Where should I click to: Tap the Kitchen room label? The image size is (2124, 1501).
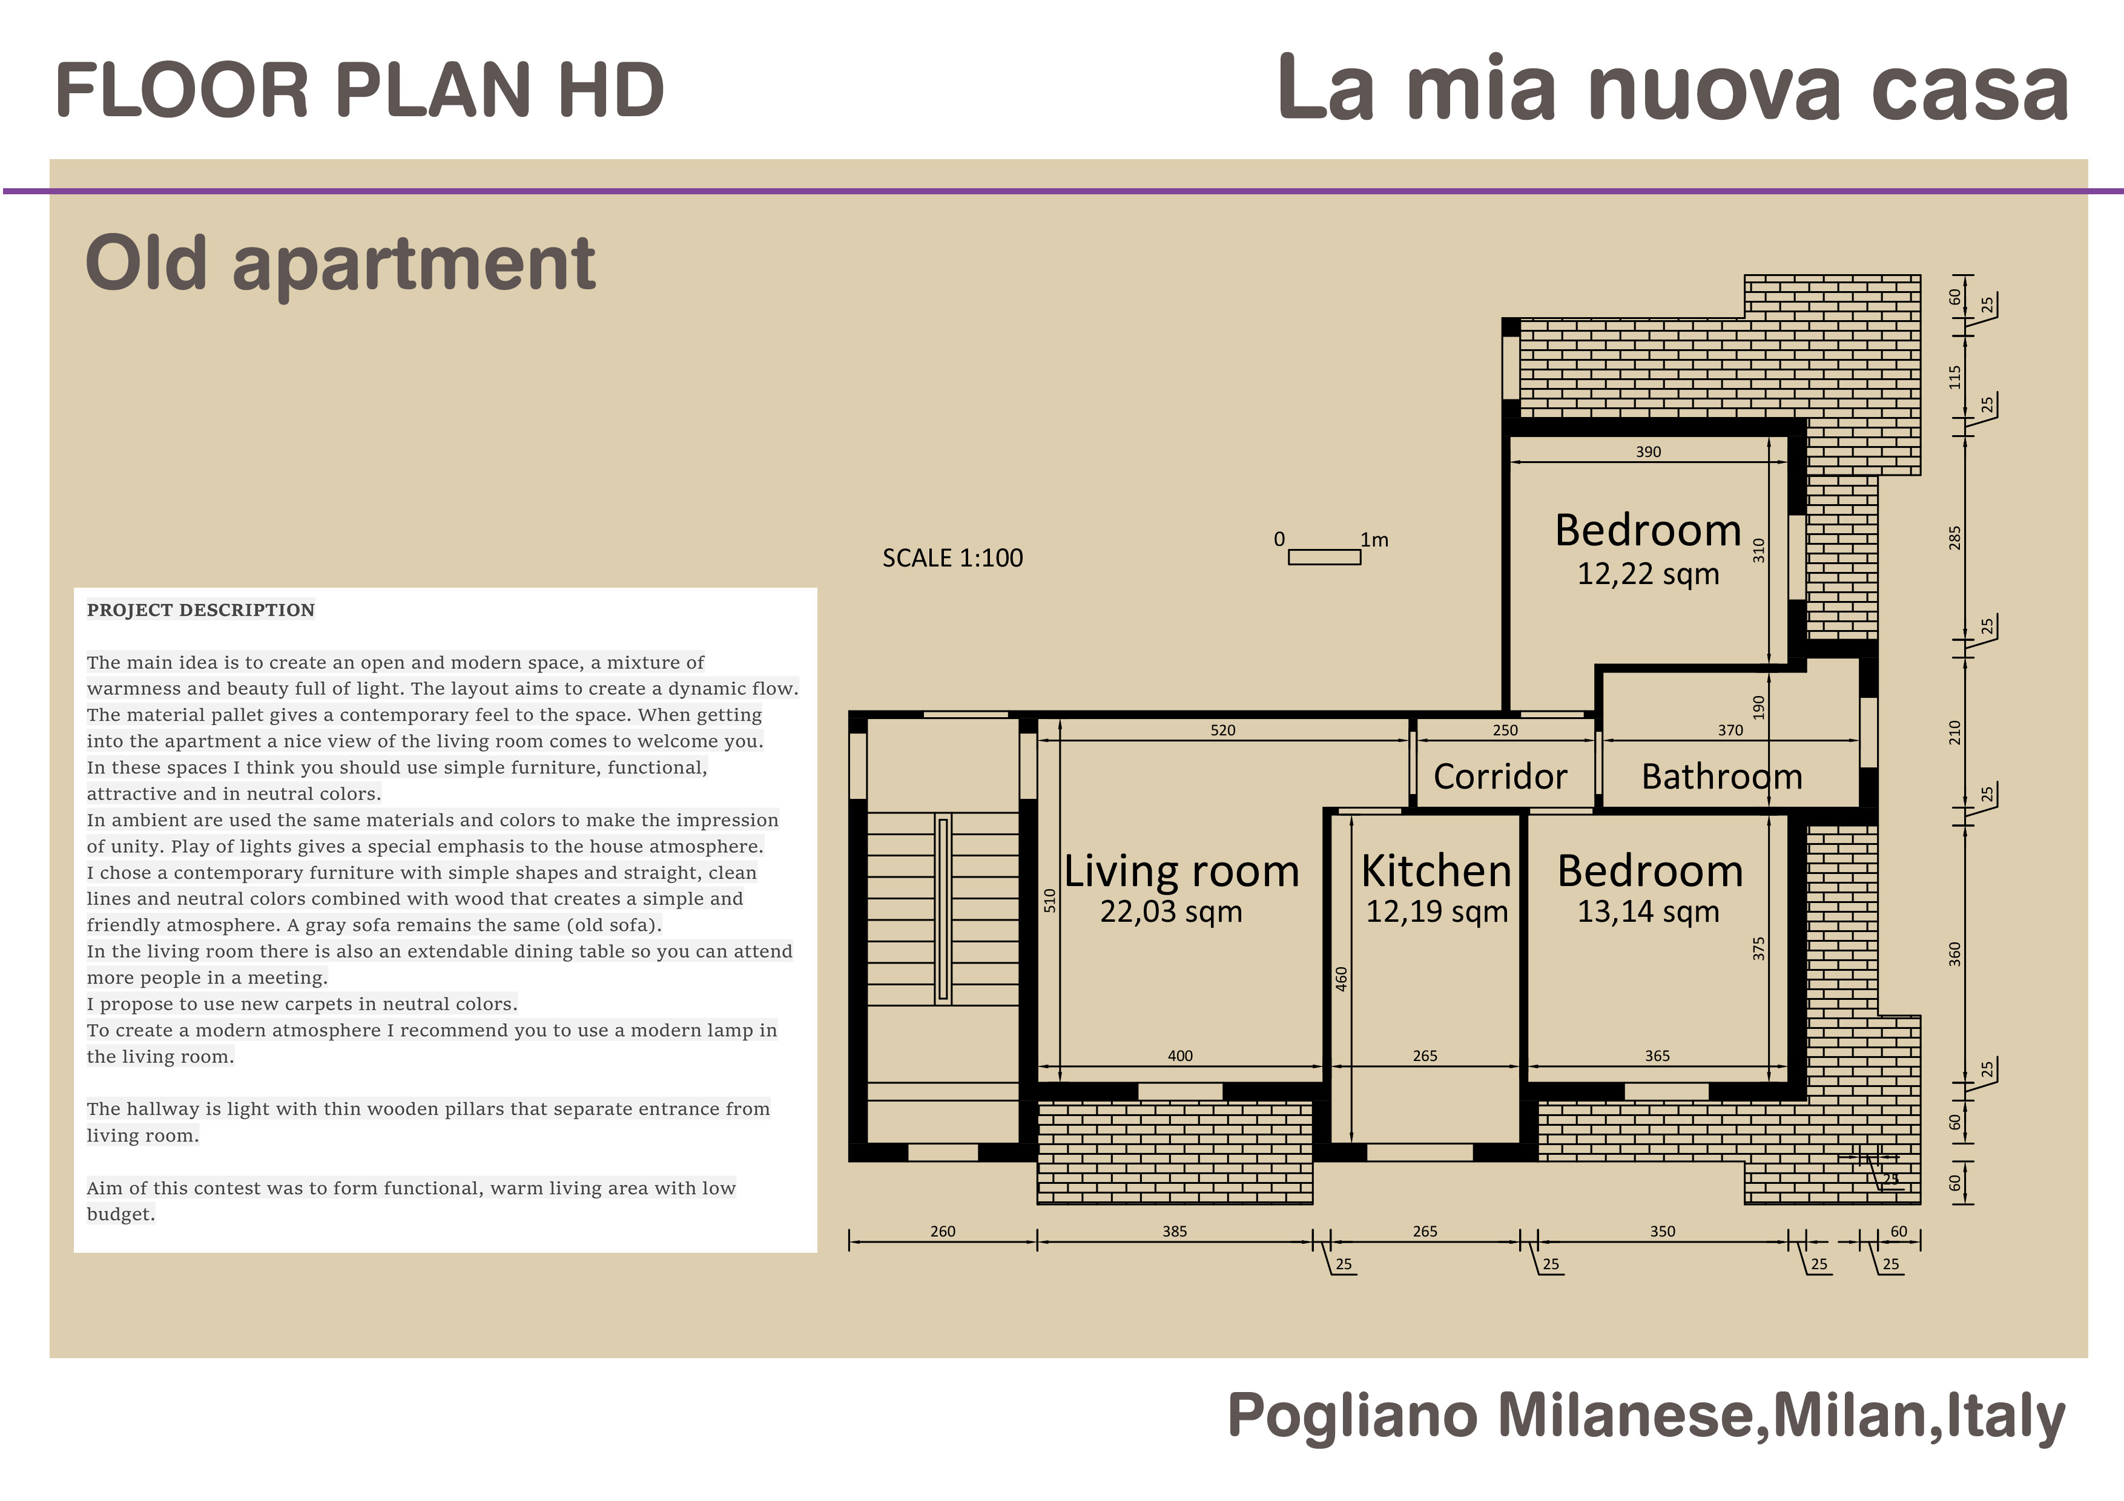(1437, 871)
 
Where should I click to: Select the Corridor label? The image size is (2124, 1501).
(1500, 776)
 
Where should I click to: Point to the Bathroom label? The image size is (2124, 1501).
(1721, 776)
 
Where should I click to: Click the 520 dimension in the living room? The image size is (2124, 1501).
(1223, 731)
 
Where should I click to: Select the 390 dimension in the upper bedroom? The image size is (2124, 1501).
(1649, 452)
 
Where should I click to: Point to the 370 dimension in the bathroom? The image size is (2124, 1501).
(1731, 731)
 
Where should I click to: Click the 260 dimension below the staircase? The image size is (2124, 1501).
(943, 1232)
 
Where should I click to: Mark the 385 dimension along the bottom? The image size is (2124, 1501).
(1175, 1232)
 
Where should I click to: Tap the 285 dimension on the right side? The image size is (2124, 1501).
(1954, 538)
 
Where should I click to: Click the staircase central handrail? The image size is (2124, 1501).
(943, 909)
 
